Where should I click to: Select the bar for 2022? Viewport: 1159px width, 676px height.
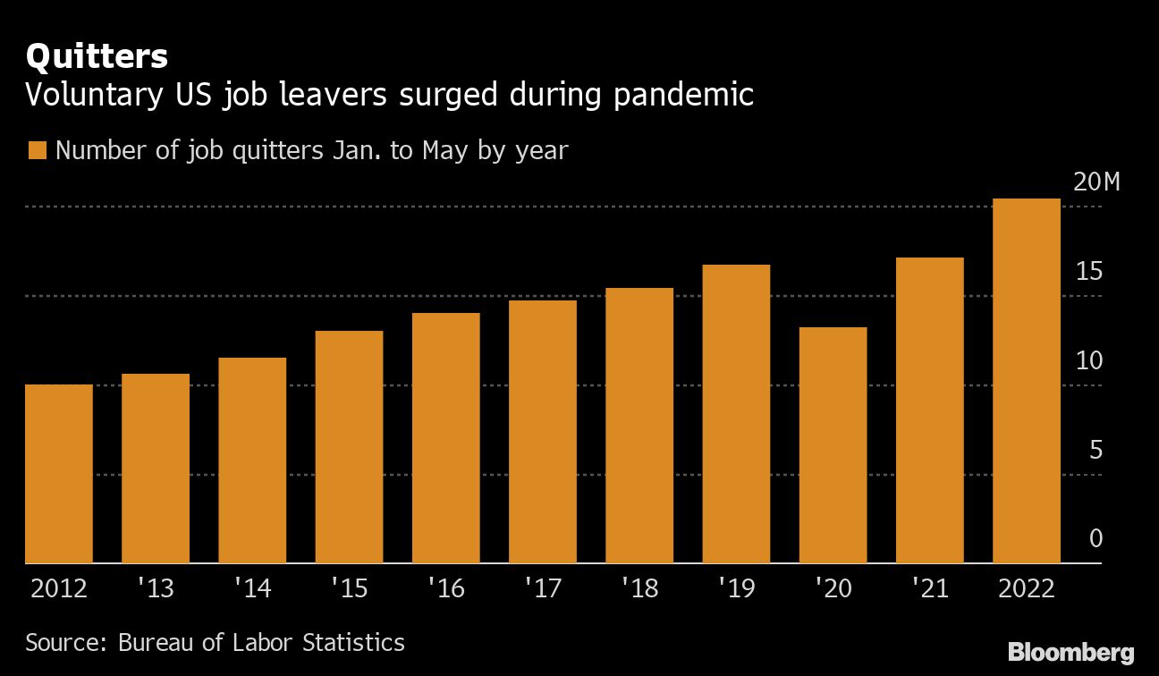pos(1026,381)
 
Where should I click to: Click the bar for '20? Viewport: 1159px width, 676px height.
pos(833,445)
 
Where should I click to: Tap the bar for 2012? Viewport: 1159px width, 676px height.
pos(59,474)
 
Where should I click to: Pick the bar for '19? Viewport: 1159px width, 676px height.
pos(736,414)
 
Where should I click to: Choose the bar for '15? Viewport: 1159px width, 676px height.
pos(349,447)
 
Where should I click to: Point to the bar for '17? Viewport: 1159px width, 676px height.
pos(543,432)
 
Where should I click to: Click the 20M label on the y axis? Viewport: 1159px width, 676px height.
pos(1096,182)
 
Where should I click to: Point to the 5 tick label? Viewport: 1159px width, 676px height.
pos(1095,450)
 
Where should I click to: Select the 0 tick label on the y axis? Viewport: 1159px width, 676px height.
pos(1095,539)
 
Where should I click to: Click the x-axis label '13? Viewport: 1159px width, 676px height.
pos(156,590)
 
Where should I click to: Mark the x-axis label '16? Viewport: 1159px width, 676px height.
pos(445,590)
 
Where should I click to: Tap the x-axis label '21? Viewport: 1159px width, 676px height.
pos(929,590)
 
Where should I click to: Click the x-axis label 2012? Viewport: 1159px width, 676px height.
pos(59,590)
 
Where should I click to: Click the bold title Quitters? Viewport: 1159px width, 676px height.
pos(97,56)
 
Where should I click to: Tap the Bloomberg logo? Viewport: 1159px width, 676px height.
pos(1070,652)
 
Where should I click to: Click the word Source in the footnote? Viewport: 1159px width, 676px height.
pos(64,642)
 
